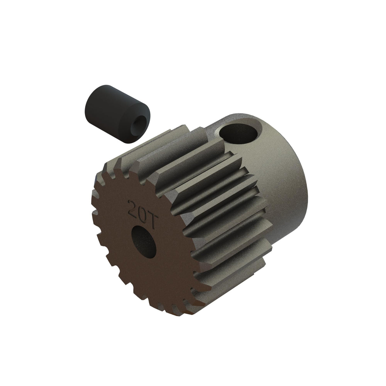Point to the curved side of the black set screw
99,105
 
